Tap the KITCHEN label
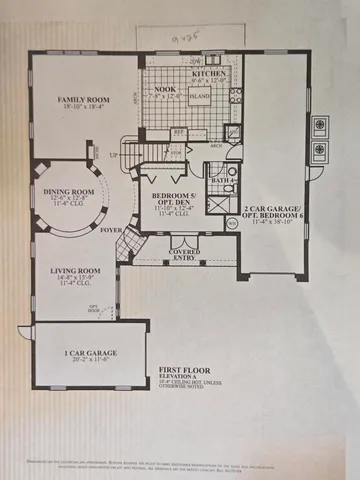[208, 74]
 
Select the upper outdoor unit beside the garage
[323, 126]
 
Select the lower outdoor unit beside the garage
[323, 153]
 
